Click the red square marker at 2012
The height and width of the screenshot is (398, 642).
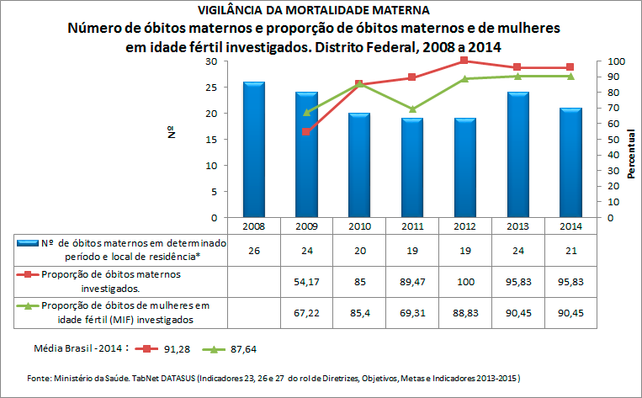point(464,61)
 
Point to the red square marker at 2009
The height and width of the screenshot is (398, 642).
point(306,132)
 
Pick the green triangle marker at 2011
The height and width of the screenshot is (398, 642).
point(411,109)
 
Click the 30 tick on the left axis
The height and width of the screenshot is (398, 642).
point(211,62)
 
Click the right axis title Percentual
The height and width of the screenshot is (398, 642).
point(630,148)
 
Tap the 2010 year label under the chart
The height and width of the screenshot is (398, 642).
point(359,226)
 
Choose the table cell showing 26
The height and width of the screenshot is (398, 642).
point(254,250)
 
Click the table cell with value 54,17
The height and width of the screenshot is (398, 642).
point(306,280)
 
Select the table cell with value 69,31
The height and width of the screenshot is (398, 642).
point(411,311)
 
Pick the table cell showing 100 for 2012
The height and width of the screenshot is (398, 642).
point(464,280)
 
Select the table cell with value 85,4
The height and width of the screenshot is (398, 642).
point(359,311)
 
